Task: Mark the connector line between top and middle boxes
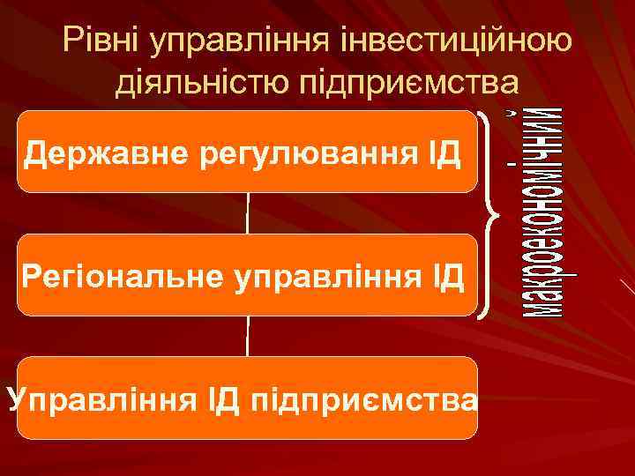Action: pyautogui.click(x=248, y=213)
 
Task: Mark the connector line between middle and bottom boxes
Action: pyautogui.click(x=248, y=336)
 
